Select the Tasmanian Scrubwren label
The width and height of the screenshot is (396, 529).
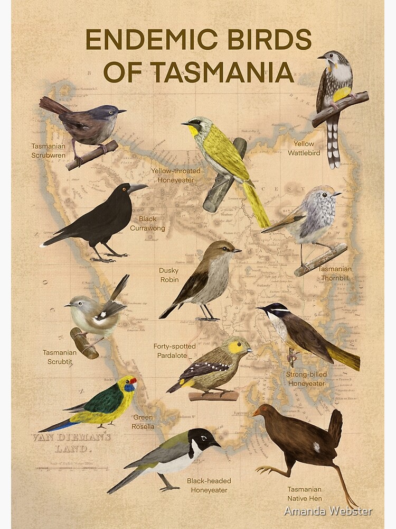click(48, 151)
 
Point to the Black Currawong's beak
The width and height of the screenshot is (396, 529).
click(138, 188)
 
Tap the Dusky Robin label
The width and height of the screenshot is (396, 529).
click(169, 275)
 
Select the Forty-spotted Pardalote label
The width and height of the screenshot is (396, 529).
click(174, 351)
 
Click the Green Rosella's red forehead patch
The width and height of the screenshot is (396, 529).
click(133, 380)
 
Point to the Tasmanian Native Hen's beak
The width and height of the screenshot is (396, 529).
click(256, 412)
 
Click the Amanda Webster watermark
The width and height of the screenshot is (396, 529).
click(328, 511)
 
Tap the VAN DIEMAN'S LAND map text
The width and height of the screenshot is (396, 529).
click(72, 443)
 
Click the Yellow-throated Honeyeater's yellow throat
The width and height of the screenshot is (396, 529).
click(194, 130)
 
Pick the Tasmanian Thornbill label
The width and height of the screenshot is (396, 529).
click(335, 273)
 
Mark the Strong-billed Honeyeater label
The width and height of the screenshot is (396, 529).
click(307, 379)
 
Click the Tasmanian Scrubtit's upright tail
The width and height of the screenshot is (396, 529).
click(120, 288)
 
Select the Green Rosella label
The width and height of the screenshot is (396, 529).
click(143, 422)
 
